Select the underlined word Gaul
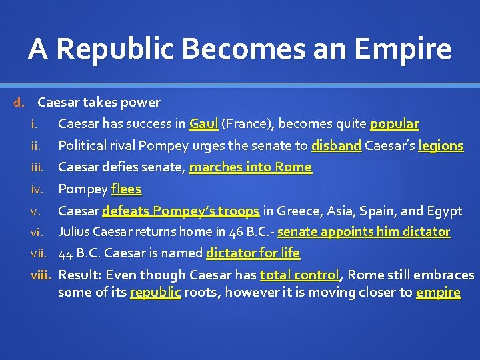point(203,124)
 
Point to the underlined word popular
point(394,124)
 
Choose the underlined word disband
point(336,145)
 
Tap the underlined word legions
point(440,145)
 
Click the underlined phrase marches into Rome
point(250,167)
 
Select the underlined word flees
point(127,189)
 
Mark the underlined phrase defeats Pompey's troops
point(181,211)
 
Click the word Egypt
point(445,211)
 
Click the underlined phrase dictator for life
point(253,253)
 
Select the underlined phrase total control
point(301,275)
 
